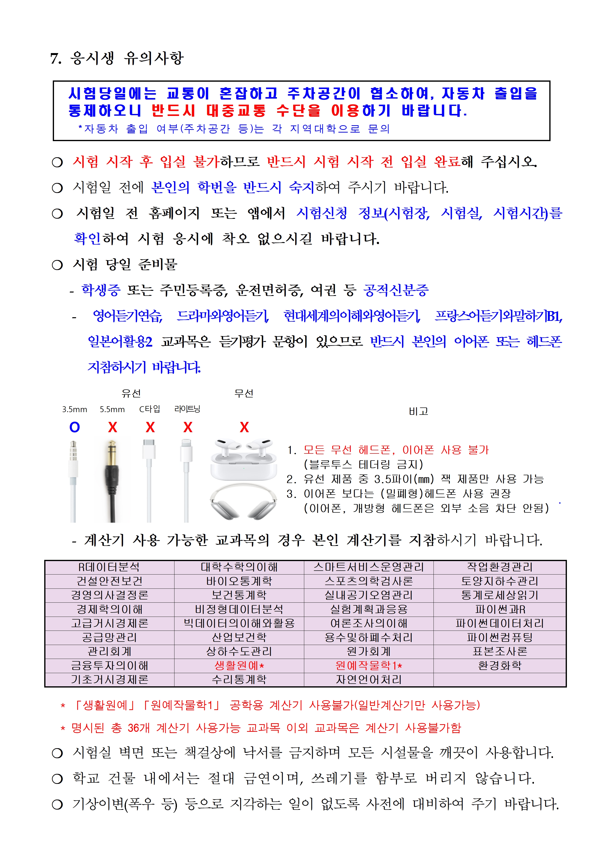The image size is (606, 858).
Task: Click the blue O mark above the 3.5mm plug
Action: pos(75,427)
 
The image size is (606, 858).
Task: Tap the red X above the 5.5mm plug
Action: pos(112,427)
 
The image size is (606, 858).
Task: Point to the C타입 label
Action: pos(150,409)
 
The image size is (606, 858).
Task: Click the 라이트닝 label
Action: pos(187,409)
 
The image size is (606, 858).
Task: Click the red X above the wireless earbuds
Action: pos(244,427)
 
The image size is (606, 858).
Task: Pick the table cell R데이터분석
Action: pos(109,567)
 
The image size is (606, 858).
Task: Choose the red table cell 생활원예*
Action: pos(239,666)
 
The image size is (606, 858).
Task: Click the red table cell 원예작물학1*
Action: pos(368,666)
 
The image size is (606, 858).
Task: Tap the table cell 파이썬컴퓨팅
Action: pos(500,638)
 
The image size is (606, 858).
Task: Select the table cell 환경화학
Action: pos(500,666)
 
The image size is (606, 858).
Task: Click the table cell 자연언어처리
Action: pos(368,680)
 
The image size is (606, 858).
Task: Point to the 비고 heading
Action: pos(418,411)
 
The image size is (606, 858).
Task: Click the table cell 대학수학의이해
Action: pos(239,567)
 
